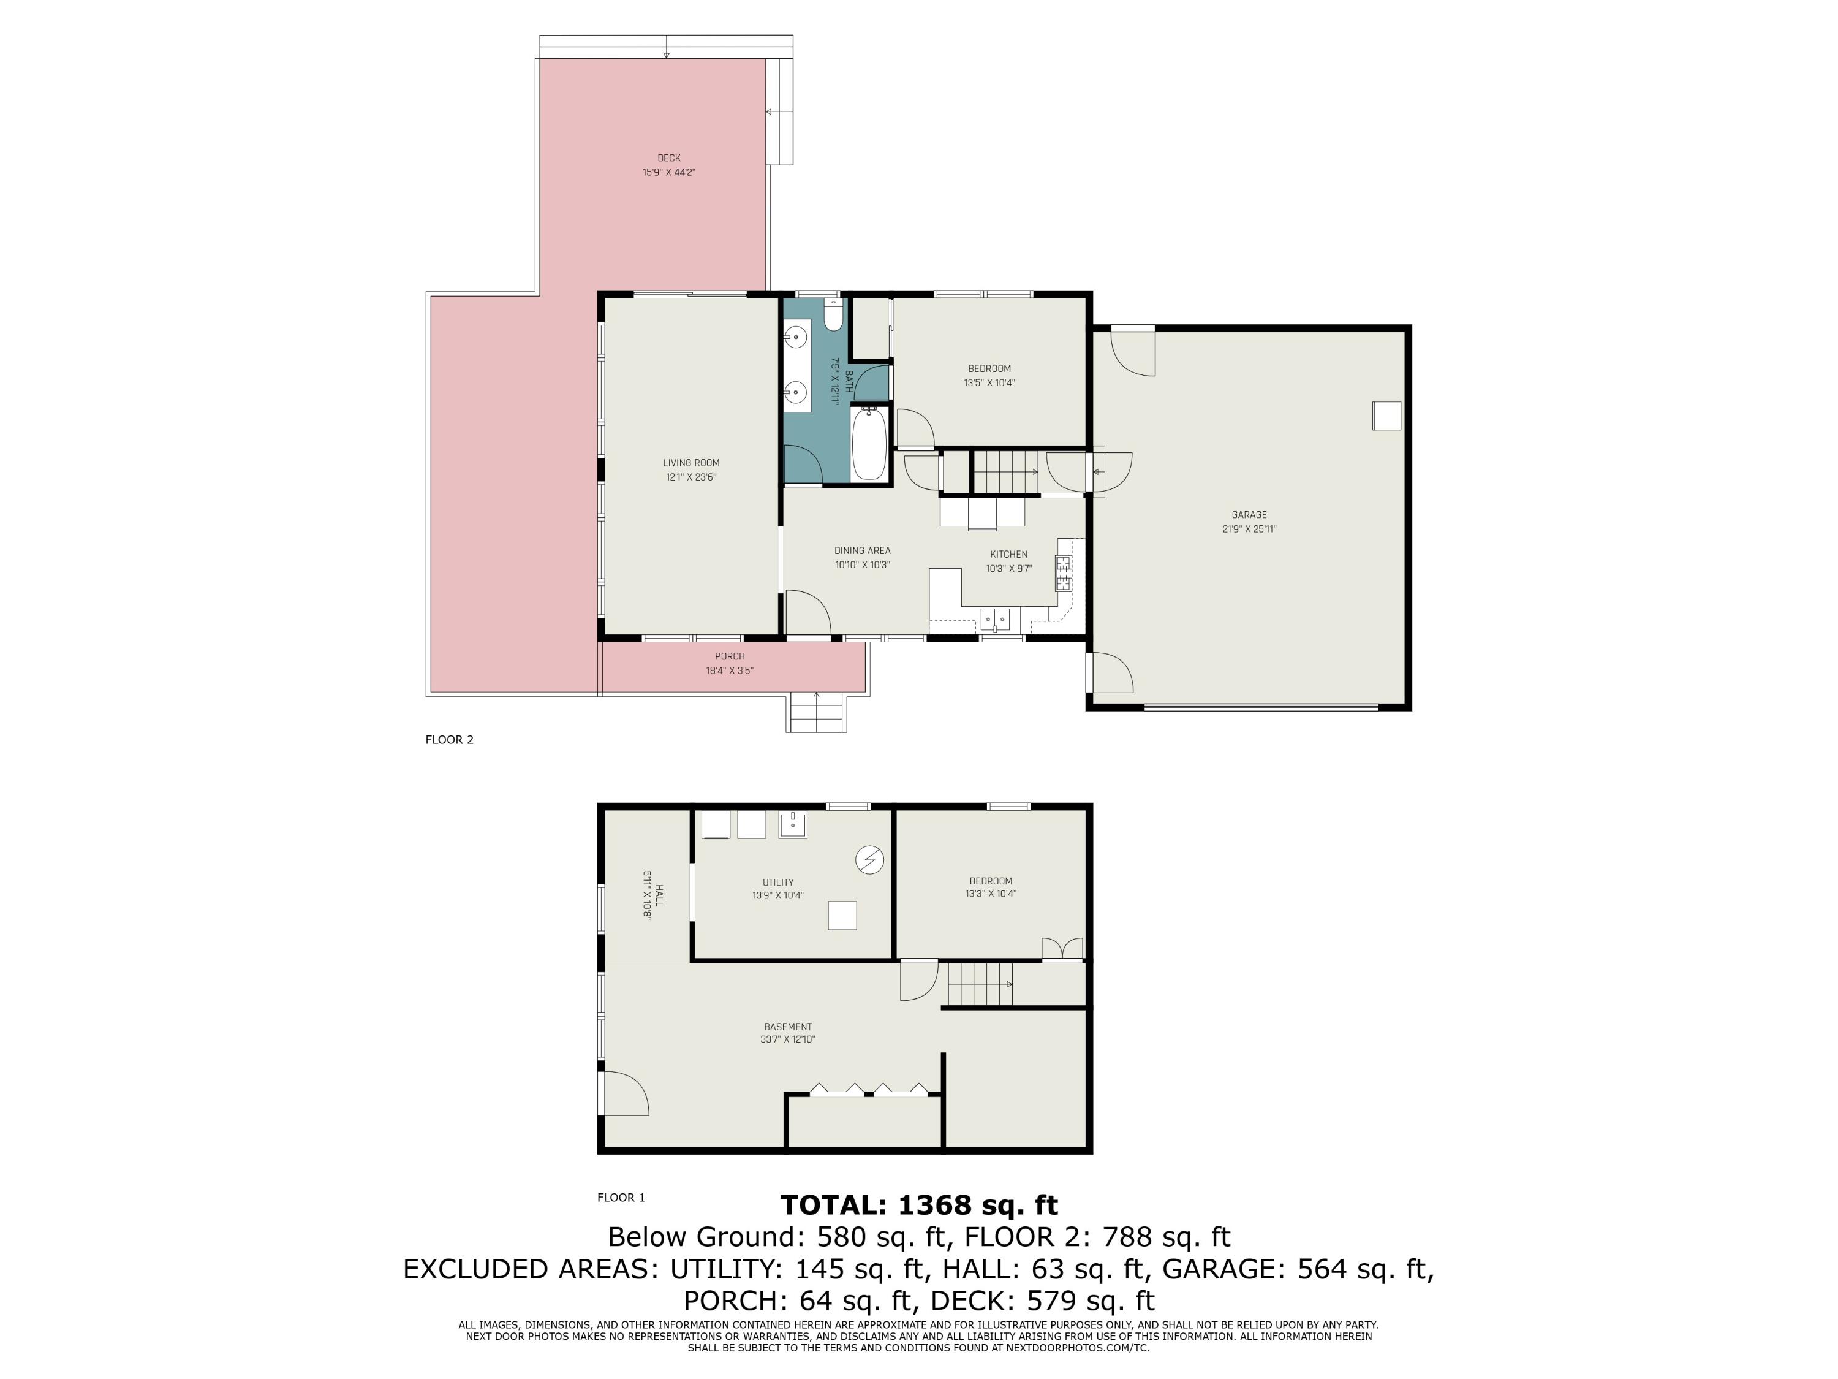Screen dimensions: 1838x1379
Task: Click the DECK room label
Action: pyautogui.click(x=669, y=158)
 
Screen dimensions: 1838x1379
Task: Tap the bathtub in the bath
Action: pyautogui.click(x=869, y=443)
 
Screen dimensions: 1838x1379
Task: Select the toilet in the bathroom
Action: pyautogui.click(x=833, y=315)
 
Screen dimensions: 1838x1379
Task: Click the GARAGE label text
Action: pyautogui.click(x=1249, y=515)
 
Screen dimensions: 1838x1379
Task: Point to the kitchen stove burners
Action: pyautogui.click(x=1064, y=572)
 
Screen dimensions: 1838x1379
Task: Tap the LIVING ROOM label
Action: pyautogui.click(x=691, y=463)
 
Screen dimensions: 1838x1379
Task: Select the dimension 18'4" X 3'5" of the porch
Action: pyautogui.click(x=730, y=671)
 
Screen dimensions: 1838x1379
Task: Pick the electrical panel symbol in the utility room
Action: pyautogui.click(x=870, y=859)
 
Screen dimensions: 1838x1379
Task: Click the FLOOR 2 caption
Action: pyautogui.click(x=450, y=740)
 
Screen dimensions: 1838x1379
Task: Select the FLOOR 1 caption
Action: pyautogui.click(x=621, y=1198)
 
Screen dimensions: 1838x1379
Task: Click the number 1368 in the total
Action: pyautogui.click(x=936, y=1204)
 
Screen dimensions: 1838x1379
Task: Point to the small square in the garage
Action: pyautogui.click(x=1386, y=416)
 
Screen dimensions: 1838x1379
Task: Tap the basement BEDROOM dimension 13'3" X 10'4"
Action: pyautogui.click(x=991, y=894)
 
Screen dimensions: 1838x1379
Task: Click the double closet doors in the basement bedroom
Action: pyautogui.click(x=1063, y=948)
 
